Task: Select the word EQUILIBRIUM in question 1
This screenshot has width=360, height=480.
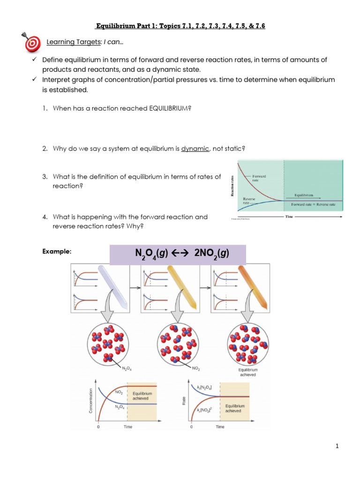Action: point(169,108)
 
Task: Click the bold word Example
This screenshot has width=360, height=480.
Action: point(57,252)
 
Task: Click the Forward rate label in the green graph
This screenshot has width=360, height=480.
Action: point(259,178)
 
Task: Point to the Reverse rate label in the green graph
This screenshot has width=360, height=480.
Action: point(249,201)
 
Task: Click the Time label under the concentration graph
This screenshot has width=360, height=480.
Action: point(127,427)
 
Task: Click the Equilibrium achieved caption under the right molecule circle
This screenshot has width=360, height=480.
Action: point(248,372)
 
